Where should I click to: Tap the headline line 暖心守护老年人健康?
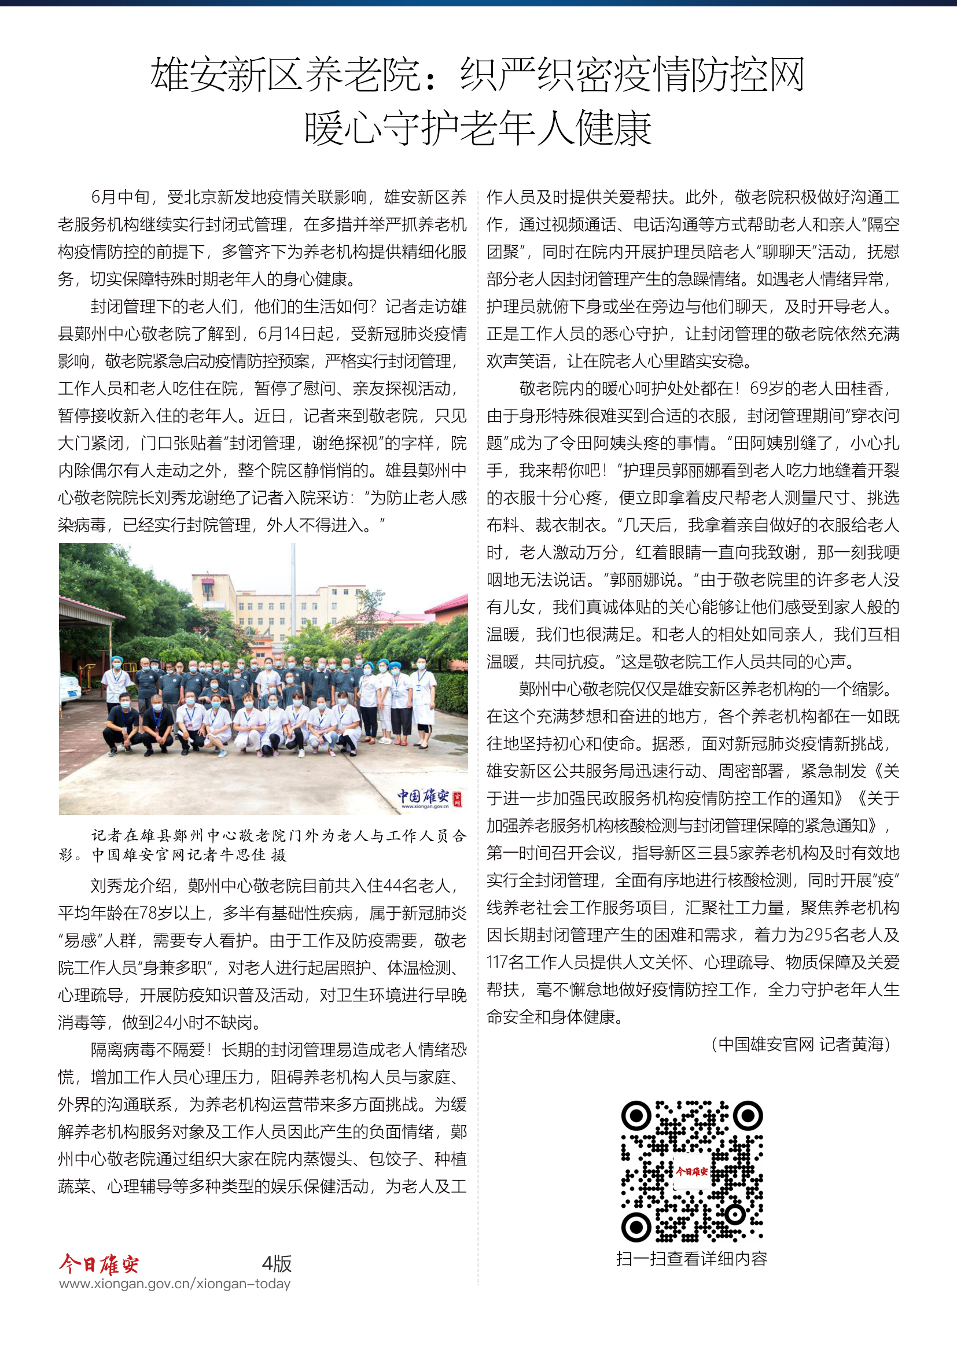(478, 128)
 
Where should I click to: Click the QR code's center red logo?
(691, 1171)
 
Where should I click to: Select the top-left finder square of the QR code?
(636, 1115)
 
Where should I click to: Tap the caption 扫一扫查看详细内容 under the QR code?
(691, 1259)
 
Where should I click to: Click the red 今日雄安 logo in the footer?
(99, 1264)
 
